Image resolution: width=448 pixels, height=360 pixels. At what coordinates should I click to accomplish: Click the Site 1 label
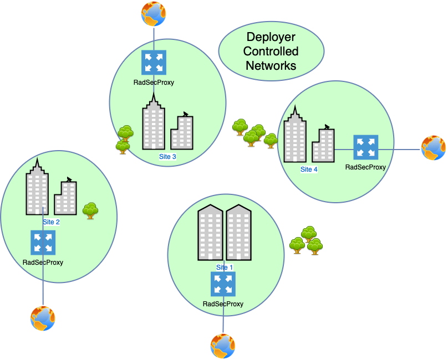pos(225,267)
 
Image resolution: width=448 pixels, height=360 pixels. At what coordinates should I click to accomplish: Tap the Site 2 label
pos(51,222)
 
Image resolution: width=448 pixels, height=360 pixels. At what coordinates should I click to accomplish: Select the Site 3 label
pos(167,157)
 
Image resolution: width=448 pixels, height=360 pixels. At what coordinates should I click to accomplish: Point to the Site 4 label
pos(309,169)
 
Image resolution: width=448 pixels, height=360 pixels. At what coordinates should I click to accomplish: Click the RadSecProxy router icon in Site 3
pos(154,63)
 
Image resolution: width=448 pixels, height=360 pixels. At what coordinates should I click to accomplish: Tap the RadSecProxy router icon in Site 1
pos(223,284)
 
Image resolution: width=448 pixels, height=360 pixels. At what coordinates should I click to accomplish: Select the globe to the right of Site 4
pos(434,148)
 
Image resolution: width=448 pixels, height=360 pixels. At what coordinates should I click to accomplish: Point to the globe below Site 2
pos(43,318)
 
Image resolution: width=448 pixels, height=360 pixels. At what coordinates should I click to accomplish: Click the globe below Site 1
pos(223,346)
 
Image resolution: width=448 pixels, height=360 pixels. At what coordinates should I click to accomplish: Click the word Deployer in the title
pos(271,38)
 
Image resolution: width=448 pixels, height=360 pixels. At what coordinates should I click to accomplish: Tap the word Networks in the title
pos(271,65)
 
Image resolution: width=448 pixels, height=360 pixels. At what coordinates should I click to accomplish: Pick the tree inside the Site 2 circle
pos(90,211)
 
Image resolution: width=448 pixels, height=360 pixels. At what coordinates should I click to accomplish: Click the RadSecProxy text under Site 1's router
pos(223,304)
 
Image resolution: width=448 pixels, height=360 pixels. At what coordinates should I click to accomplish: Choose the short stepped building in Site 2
pos(65,197)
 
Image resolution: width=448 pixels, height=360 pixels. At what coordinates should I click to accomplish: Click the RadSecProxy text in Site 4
pos(365,167)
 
